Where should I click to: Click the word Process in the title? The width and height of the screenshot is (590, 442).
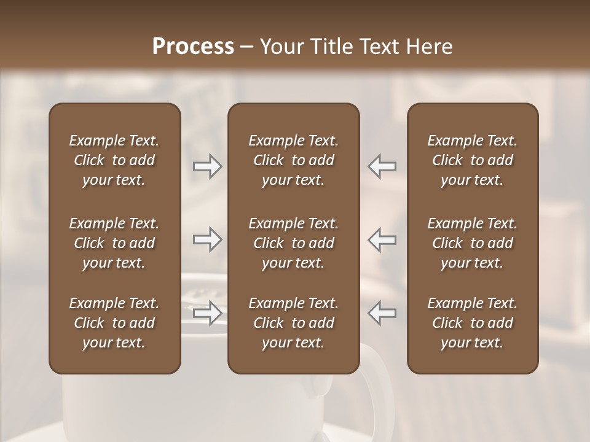[193, 47]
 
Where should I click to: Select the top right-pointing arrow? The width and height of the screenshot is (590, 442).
[207, 166]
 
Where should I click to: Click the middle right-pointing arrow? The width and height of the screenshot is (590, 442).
[207, 239]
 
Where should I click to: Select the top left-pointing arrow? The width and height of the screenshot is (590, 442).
[382, 166]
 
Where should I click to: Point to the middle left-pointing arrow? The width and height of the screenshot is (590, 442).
[382, 239]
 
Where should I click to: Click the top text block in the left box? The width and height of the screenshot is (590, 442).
[114, 160]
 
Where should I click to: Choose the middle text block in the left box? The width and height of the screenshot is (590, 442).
[114, 243]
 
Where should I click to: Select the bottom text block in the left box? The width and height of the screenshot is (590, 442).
[114, 323]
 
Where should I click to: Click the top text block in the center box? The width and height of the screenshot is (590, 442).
[293, 160]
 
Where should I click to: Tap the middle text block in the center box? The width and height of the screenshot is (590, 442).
[293, 243]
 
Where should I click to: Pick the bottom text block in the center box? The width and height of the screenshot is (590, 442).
[293, 323]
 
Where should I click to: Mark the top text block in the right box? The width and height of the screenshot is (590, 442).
[472, 160]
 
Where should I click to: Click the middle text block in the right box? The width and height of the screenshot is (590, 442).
[472, 243]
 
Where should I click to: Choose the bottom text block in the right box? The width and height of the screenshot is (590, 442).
[472, 323]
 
